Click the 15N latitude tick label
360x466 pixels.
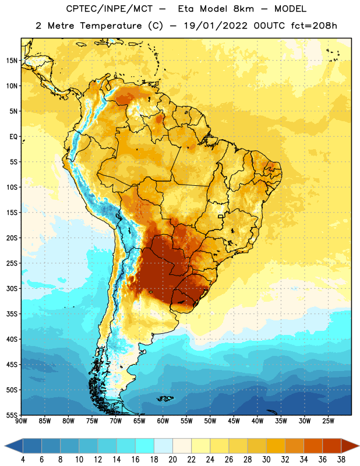pos(12,61)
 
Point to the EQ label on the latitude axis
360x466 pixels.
pos(13,137)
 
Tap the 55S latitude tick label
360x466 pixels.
pos(12,415)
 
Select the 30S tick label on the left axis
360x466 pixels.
pos(12,288)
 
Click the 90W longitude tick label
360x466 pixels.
pos(21,421)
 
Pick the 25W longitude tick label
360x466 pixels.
pos(328,421)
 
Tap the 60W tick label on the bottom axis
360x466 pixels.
pos(163,421)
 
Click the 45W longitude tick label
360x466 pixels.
pos(234,421)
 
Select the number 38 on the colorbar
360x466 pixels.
pos(341,460)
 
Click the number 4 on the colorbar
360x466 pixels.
pos(23,460)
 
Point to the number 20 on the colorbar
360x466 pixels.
pos(172,460)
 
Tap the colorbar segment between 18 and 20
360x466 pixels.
pos(163,446)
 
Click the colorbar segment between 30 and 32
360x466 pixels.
pos(276,446)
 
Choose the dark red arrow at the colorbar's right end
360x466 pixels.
pos(350,446)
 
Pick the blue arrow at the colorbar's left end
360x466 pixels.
pos(14,446)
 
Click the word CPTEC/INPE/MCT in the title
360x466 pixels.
pos(110,9)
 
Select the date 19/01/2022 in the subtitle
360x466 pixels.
pos(216,26)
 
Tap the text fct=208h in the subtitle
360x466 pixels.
pos(314,26)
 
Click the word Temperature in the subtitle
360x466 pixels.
pos(111,26)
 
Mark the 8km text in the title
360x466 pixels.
pos(243,9)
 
